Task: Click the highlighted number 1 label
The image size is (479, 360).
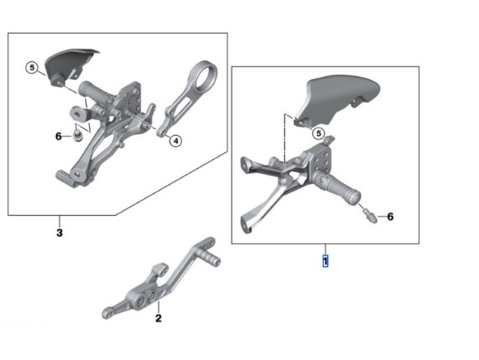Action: click(325, 261)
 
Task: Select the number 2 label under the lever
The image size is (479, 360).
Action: click(159, 318)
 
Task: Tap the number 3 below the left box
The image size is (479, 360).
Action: click(60, 232)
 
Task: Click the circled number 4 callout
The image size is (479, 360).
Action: click(175, 141)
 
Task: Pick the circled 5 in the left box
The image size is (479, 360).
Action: click(32, 67)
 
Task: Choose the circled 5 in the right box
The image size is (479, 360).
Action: click(319, 133)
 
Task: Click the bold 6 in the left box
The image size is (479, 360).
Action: click(59, 136)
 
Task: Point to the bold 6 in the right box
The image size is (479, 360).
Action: click(390, 217)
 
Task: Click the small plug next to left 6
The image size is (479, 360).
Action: click(77, 134)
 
